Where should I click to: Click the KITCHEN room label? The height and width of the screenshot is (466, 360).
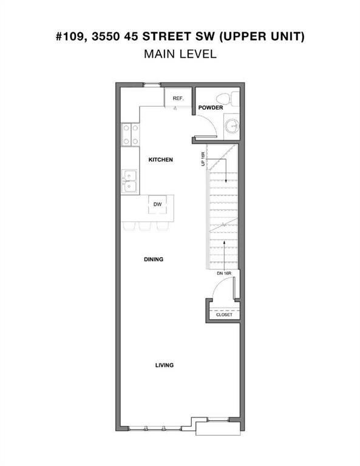161,160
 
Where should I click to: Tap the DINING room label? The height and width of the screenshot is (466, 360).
154,259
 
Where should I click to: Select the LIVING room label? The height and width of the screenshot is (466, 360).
164,365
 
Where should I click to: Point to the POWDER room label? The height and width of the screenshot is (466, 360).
210,107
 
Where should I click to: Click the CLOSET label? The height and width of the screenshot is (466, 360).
224,315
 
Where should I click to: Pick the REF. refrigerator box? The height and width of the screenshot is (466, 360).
178,98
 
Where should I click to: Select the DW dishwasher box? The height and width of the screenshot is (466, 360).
157,205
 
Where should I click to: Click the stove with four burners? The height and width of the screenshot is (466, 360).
130,135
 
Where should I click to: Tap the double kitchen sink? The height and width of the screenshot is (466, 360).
130,181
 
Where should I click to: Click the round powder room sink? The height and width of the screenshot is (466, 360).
231,126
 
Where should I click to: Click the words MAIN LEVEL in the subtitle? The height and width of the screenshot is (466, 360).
180,54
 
